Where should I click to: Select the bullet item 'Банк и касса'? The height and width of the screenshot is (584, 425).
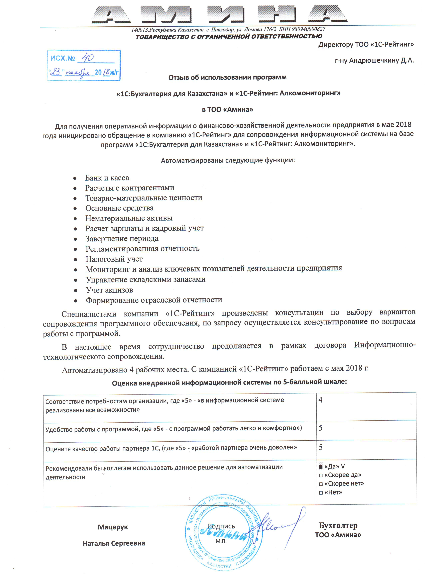tap(107, 178)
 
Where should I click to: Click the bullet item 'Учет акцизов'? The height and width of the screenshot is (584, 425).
tap(110, 290)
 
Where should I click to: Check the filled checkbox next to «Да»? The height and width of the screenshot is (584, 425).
tap(321, 467)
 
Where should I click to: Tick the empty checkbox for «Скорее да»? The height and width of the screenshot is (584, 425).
tap(321, 475)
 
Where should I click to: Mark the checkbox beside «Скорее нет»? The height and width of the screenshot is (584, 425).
tap(321, 484)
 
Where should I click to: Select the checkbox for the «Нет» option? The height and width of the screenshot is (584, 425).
tap(321, 493)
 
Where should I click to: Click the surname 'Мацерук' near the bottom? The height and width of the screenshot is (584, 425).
tap(113, 527)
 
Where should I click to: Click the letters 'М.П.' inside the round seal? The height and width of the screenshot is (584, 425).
tap(221, 541)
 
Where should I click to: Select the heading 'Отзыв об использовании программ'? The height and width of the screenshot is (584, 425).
tap(227, 77)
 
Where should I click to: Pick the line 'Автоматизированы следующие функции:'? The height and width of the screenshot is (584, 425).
tap(228, 160)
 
